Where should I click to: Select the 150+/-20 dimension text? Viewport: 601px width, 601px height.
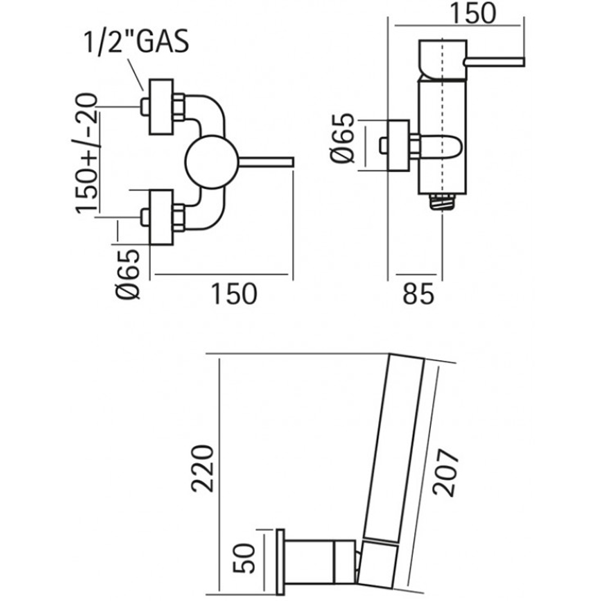(x=87, y=153)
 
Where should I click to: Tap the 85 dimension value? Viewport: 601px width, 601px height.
(x=418, y=294)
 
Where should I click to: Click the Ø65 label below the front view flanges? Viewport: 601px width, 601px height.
(x=129, y=273)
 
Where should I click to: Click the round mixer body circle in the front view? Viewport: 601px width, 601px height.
(x=208, y=162)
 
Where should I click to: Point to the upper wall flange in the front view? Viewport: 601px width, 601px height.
(x=161, y=107)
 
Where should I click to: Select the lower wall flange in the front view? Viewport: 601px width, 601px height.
(x=161, y=218)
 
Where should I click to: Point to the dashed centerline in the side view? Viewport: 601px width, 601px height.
(x=442, y=120)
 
